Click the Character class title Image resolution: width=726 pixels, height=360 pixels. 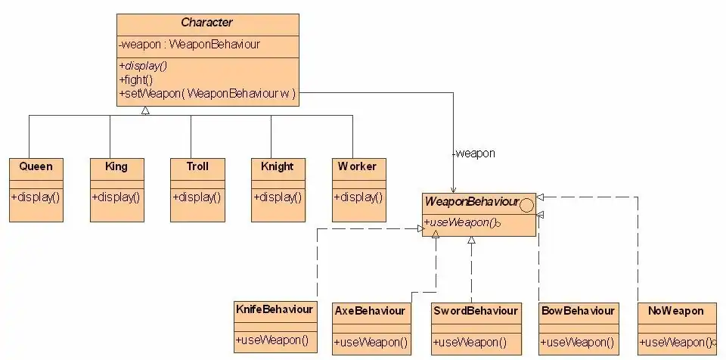[x=208, y=23]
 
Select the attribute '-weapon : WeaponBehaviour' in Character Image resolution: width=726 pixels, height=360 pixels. [x=190, y=45]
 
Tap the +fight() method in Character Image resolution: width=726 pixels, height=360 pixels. [x=136, y=79]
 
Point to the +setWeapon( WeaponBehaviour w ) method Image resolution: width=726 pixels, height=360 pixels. [x=206, y=94]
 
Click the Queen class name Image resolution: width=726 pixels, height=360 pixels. [x=36, y=166]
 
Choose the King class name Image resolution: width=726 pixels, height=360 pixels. [x=116, y=166]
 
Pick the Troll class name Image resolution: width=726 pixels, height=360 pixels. [x=197, y=166]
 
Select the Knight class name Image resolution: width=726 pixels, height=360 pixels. [x=277, y=166]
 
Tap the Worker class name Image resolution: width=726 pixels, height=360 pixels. [x=357, y=166]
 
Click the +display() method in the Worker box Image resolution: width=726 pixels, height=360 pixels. [x=357, y=198]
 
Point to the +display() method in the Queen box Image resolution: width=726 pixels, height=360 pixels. [x=36, y=198]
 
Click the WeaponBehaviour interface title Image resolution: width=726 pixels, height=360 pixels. [x=471, y=203]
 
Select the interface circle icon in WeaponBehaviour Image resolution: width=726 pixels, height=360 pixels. [x=527, y=203]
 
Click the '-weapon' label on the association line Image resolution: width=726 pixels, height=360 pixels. [x=473, y=154]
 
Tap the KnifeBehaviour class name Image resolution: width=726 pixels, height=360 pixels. [x=274, y=309]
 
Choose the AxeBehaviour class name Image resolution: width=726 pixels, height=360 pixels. [x=370, y=311]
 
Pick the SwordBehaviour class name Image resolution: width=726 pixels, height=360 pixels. [x=476, y=311]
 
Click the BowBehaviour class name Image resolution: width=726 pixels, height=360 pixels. [x=579, y=311]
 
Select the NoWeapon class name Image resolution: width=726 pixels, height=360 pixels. [x=676, y=311]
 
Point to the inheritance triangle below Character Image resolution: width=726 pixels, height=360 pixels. [x=145, y=110]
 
